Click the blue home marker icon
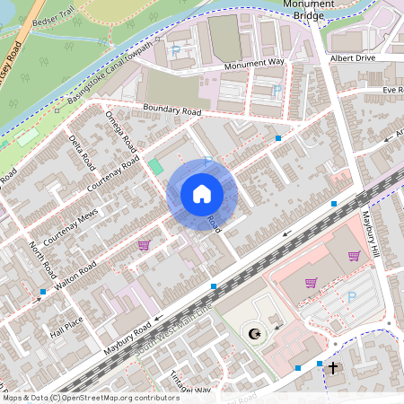point(202,194)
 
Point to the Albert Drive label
point(351,57)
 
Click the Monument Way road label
point(254,63)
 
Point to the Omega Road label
point(122,132)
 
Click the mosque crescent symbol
point(255,335)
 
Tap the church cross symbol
point(333,367)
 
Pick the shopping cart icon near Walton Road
point(144,244)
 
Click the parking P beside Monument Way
point(176,52)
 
